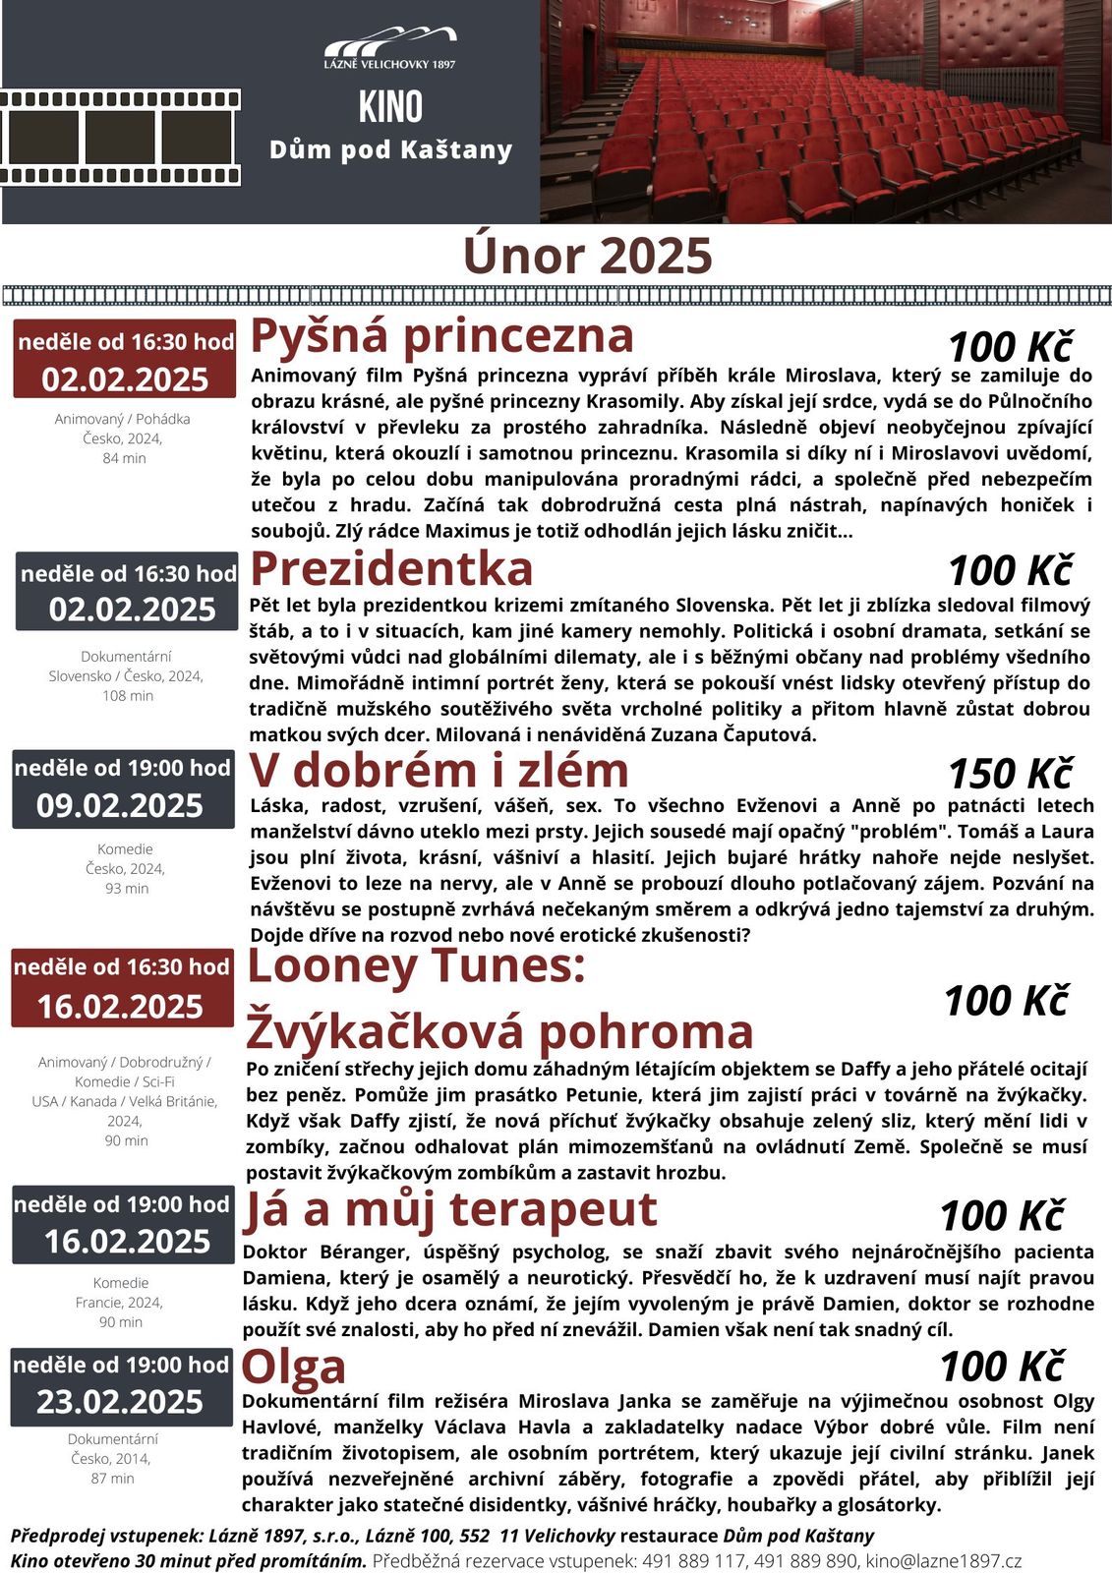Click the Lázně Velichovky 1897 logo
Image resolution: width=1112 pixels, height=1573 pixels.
pos(390,47)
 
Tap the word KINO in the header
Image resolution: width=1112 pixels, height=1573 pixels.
pos(390,107)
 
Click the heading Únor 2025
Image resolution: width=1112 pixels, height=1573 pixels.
pos(587,256)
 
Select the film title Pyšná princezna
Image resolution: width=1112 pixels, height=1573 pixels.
pos(442,334)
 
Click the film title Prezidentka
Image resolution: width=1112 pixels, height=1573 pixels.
pos(391,568)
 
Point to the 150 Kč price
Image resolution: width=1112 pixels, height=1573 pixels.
pos(1009,774)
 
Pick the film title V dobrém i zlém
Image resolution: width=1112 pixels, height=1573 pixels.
pos(439,770)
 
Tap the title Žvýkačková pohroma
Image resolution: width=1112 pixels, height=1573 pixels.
pos(499,1031)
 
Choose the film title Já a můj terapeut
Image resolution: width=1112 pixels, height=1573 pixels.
pos(449,1209)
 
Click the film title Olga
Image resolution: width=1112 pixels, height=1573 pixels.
pos(294,1367)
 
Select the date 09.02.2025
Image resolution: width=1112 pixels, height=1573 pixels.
pos(120,806)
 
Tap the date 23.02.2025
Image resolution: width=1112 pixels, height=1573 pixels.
pos(120,1402)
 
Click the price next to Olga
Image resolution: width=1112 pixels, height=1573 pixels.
pos(1001,1367)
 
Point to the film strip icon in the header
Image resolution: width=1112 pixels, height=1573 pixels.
pos(120,139)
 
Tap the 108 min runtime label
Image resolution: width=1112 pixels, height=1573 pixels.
pos(128,696)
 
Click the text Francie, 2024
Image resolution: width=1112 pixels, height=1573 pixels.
pos(119,1303)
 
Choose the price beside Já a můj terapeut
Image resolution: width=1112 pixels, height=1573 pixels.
pos(1001,1216)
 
